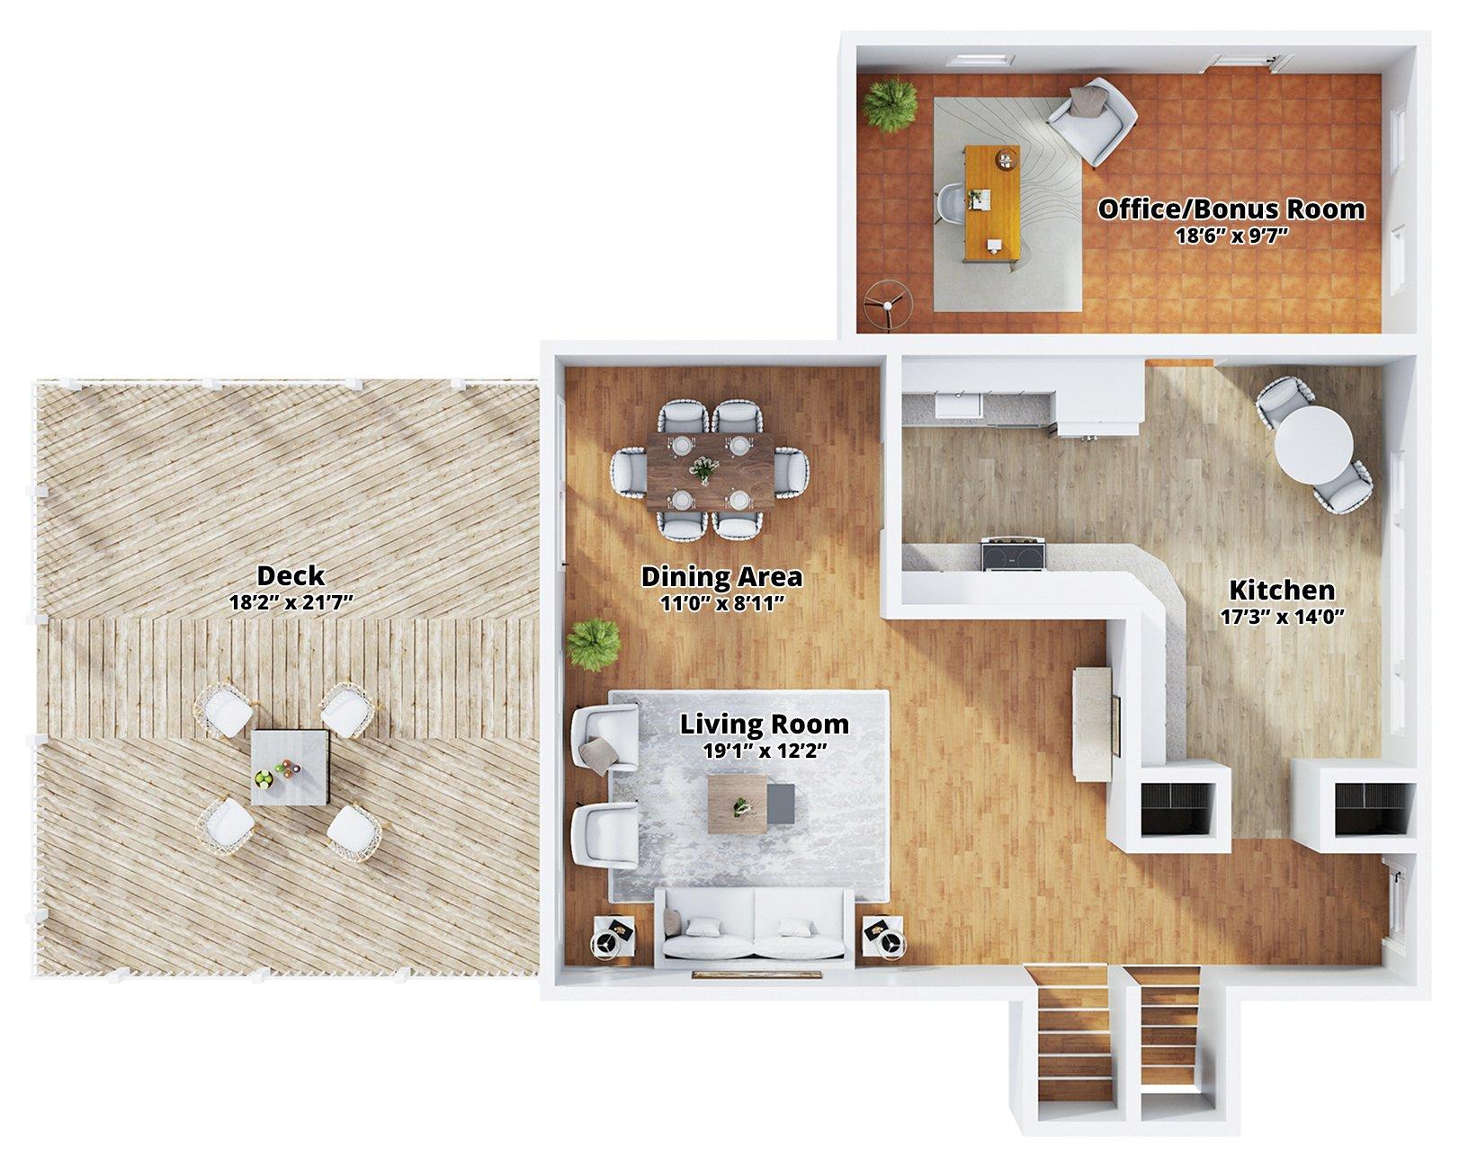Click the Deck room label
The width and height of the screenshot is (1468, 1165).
tap(290, 576)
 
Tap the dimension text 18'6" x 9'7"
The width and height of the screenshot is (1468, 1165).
tap(1231, 236)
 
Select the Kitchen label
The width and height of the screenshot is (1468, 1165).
tap(1282, 590)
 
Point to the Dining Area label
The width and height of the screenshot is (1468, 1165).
tap(721, 577)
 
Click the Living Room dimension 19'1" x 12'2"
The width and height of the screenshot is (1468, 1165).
tap(765, 751)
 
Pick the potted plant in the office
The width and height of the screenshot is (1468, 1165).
tap(890, 106)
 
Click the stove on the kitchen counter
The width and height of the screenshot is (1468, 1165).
tap(1013, 553)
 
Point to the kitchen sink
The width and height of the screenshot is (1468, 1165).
tap(958, 405)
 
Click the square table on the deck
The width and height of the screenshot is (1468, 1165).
tap(291, 768)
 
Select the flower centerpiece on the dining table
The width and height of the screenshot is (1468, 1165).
tap(704, 469)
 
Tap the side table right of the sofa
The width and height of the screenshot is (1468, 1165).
tap(885, 938)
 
